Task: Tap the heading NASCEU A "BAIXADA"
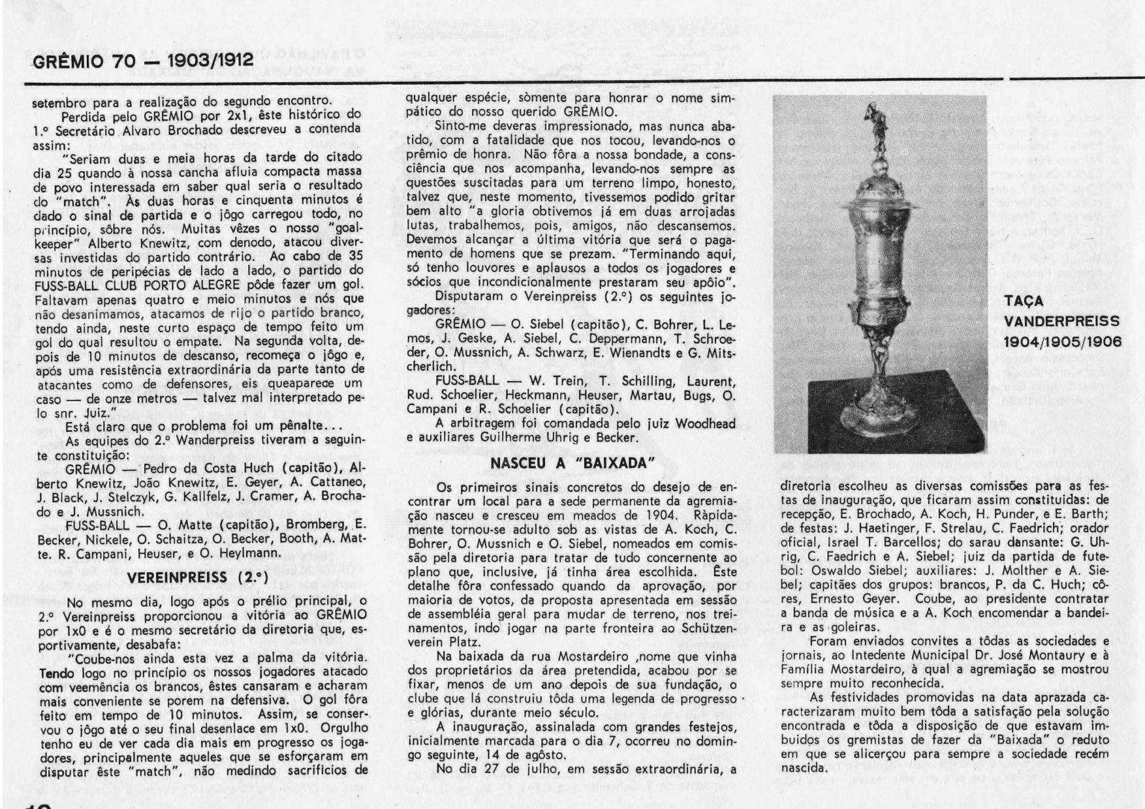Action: tap(572, 463)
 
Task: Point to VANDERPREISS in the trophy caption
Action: tap(1061, 322)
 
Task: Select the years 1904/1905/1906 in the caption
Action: tap(1061, 342)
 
